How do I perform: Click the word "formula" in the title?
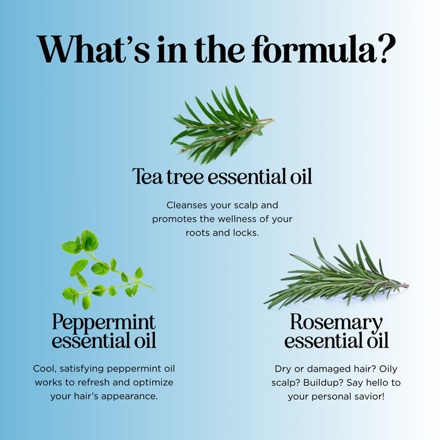[314, 48]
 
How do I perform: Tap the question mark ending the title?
[387, 48]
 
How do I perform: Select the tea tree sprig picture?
[222, 125]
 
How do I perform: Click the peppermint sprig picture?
[107, 270]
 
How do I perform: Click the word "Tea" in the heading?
[147, 177]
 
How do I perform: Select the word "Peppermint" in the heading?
[104, 322]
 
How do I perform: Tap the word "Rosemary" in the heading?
[336, 322]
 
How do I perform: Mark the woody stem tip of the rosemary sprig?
[407, 285]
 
